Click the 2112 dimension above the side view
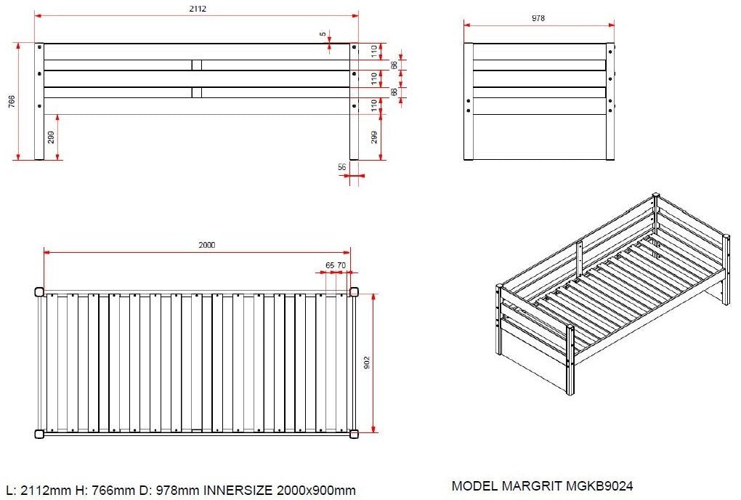[198, 9]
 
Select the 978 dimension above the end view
[538, 18]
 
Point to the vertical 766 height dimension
[12, 102]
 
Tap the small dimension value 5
[323, 34]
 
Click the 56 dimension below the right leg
[342, 167]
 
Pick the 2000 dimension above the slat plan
[206, 245]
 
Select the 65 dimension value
[330, 265]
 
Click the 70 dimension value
[341, 265]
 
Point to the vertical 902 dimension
[367, 363]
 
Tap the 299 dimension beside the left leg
[51, 137]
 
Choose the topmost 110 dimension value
[374, 52]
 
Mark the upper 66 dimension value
[394, 65]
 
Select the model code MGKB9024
[599, 485]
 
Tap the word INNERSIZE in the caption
[238, 491]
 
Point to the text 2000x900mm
[316, 491]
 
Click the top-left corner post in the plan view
[40, 291]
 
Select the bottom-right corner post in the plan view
[354, 434]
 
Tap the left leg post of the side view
[39, 102]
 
